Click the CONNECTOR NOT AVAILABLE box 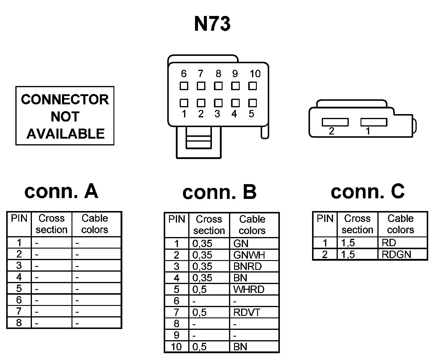tap(65, 116)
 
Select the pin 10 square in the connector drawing tap(252, 86)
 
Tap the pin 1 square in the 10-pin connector tap(184, 103)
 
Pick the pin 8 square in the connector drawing tap(218, 86)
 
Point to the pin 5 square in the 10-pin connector tap(252, 103)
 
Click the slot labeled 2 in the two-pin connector tap(335, 122)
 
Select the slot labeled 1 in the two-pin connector tap(374, 122)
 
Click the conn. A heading tap(61, 191)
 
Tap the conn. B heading tap(219, 192)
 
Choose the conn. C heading tap(368, 191)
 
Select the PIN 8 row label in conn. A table tap(19, 322)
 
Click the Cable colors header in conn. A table tap(95, 224)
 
